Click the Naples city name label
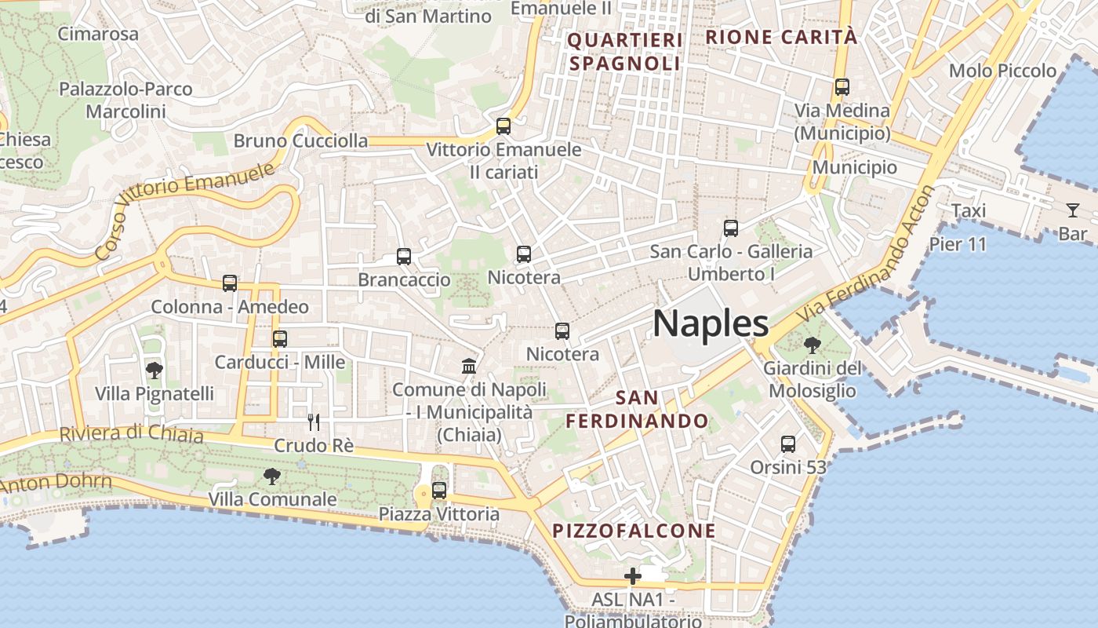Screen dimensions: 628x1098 click(x=710, y=323)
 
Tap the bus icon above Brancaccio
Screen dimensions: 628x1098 click(x=404, y=256)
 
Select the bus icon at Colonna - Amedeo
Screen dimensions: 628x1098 click(x=230, y=283)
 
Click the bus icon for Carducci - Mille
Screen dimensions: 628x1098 click(x=280, y=338)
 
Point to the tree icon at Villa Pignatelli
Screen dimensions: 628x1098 click(x=155, y=370)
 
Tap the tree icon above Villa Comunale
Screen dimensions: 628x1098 click(x=272, y=475)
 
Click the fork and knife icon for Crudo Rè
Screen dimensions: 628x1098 click(x=314, y=422)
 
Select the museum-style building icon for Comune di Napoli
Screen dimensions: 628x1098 click(x=469, y=366)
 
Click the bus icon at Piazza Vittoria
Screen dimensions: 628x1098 click(x=439, y=491)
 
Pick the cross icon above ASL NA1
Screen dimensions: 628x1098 click(x=633, y=577)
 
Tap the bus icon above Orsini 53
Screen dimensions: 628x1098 click(x=788, y=444)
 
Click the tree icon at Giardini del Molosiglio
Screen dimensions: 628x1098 click(x=813, y=344)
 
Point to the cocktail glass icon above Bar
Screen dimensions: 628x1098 click(x=1073, y=210)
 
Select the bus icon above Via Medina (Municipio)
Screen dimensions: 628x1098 click(x=842, y=86)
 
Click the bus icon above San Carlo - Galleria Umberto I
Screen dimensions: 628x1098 click(x=731, y=228)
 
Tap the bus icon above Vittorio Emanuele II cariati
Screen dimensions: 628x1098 click(x=504, y=126)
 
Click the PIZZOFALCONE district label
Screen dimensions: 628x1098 click(x=634, y=531)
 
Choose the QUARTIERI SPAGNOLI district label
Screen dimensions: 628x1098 click(x=625, y=52)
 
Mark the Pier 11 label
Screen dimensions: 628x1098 click(x=958, y=244)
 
